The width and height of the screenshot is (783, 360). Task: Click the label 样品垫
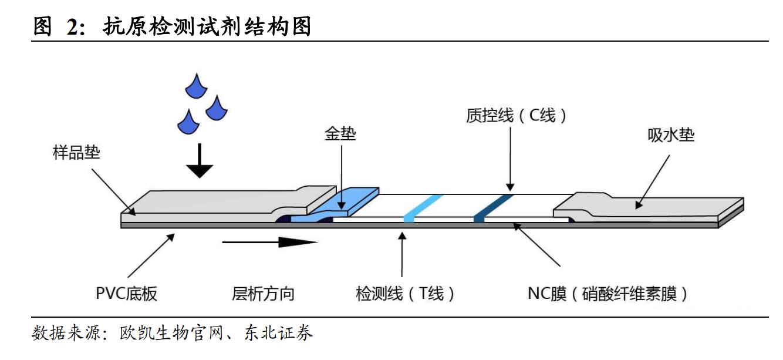[x=76, y=154]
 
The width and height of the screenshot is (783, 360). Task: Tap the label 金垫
[x=340, y=134]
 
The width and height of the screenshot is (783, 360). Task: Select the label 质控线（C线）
[x=517, y=116]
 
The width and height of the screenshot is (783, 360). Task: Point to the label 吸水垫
[x=671, y=135]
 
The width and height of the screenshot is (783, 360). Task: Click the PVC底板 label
[x=127, y=293]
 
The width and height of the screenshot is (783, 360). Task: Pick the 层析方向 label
[x=263, y=293]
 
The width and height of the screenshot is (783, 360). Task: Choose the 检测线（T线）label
[x=405, y=293]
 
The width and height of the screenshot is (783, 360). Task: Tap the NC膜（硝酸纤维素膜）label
[x=608, y=293]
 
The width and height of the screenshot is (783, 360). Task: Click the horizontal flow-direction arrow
[x=270, y=242]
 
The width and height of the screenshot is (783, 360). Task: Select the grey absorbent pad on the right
[x=646, y=206]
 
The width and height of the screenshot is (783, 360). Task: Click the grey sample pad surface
[x=211, y=202]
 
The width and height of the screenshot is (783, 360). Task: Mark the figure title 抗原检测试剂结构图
[x=207, y=26]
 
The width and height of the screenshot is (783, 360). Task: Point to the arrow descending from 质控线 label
[x=509, y=159]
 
